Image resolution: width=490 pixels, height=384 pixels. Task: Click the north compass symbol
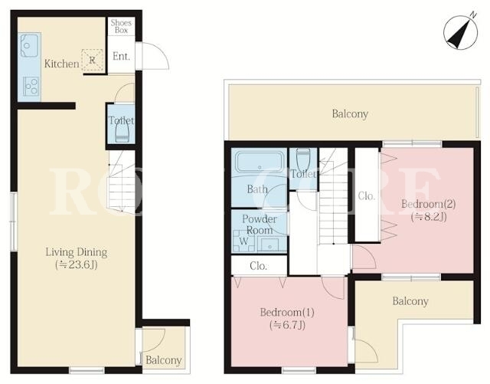461,32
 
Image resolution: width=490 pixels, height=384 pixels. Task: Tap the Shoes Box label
121,26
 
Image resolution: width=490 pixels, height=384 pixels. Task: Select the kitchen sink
29,45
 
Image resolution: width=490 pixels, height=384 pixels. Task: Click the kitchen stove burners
31,87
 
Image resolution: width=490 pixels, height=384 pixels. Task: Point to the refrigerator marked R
92,61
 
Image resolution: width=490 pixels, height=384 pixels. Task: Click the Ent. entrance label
121,56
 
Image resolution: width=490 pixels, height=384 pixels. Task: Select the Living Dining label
77,252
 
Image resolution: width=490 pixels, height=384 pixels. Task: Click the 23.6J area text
77,264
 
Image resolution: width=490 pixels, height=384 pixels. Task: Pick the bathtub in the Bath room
259,162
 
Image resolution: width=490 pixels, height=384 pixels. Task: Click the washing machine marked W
243,241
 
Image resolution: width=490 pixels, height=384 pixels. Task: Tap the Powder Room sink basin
270,244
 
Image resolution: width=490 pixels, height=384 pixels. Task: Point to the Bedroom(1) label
287,312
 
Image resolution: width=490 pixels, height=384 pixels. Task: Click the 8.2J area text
429,217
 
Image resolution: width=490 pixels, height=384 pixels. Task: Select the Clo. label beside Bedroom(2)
366,196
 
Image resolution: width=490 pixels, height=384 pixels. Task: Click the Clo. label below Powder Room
259,266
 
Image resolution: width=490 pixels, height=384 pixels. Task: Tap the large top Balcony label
350,113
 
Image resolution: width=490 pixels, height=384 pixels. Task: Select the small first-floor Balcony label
164,360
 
